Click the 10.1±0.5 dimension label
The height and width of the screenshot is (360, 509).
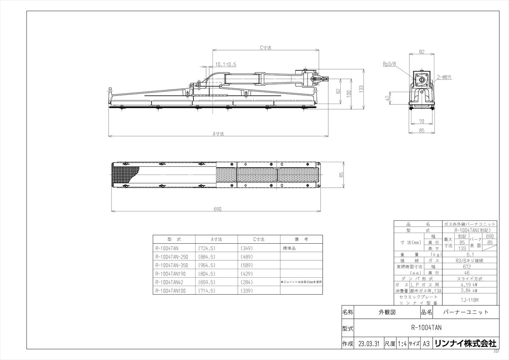(226, 65)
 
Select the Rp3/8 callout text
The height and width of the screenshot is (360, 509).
(389, 64)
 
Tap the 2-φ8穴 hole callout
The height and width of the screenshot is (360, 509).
(444, 78)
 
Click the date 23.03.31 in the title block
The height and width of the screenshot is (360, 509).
(368, 343)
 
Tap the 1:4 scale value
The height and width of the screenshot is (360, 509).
(402, 343)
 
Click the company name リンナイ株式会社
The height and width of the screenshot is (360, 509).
(465, 343)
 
